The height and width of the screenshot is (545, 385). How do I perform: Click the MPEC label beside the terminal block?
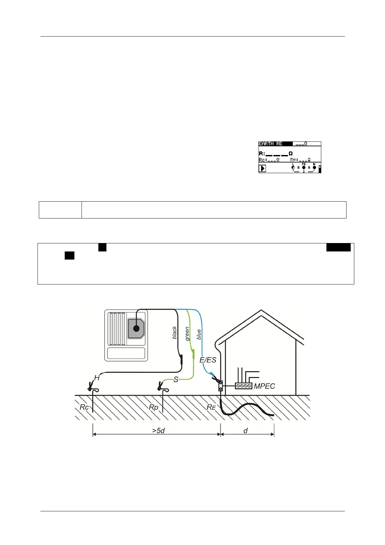(x=264, y=386)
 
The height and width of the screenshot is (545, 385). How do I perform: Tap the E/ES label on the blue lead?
(x=208, y=360)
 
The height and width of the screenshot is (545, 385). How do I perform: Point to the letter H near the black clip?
(x=97, y=378)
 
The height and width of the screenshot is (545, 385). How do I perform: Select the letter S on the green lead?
(x=176, y=380)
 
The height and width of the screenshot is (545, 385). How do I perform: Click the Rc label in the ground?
(x=84, y=407)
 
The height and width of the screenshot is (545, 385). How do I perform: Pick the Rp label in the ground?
(x=153, y=407)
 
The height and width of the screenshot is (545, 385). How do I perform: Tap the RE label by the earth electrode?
(x=211, y=407)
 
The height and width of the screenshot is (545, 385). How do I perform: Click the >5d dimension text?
(x=159, y=431)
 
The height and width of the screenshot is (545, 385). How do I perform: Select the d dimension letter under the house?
(x=246, y=431)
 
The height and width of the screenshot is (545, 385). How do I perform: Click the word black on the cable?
(x=175, y=333)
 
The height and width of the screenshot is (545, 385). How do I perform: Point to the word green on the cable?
(x=187, y=334)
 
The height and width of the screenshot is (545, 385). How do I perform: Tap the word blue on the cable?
(x=199, y=335)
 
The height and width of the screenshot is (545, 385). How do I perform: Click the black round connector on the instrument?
(x=137, y=328)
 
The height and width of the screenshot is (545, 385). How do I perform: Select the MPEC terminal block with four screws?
(x=243, y=386)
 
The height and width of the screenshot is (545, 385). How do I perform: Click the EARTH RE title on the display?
(x=270, y=144)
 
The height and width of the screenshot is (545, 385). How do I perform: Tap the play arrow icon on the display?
(x=262, y=168)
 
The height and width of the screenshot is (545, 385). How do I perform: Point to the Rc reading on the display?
(x=269, y=160)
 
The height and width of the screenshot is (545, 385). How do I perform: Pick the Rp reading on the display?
(x=300, y=160)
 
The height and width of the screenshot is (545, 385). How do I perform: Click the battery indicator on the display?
(x=320, y=169)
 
